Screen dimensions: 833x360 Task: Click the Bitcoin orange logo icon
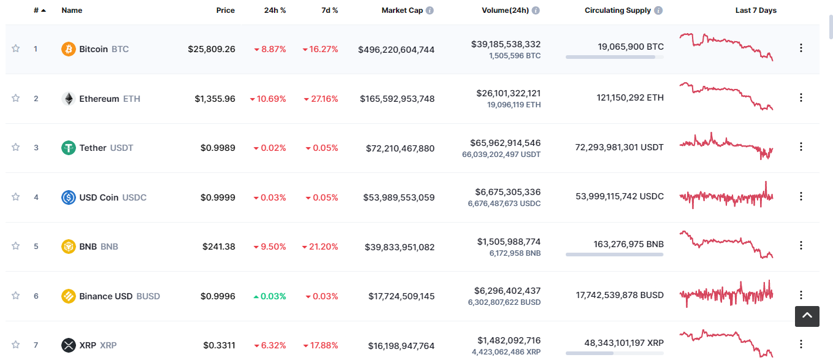click(x=69, y=49)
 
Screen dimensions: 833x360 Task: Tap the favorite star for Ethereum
click(x=15, y=98)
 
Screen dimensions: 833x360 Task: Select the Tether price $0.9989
click(x=218, y=148)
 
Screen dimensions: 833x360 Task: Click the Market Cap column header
click(x=402, y=10)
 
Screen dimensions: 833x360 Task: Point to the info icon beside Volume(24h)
click(x=536, y=10)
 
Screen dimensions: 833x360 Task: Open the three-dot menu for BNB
click(x=801, y=245)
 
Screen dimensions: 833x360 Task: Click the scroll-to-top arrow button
click(x=807, y=316)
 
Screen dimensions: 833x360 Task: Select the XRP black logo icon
click(x=69, y=345)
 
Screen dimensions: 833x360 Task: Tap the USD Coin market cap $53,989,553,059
click(x=399, y=197)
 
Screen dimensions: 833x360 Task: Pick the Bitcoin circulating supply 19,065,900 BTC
click(x=631, y=47)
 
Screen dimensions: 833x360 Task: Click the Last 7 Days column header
click(x=756, y=10)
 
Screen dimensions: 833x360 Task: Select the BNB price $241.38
click(x=219, y=247)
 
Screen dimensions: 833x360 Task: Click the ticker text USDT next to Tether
click(x=121, y=148)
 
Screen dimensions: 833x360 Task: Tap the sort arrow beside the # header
click(x=44, y=11)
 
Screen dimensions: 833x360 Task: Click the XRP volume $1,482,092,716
click(x=509, y=340)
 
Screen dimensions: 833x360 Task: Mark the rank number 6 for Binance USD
click(x=36, y=296)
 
